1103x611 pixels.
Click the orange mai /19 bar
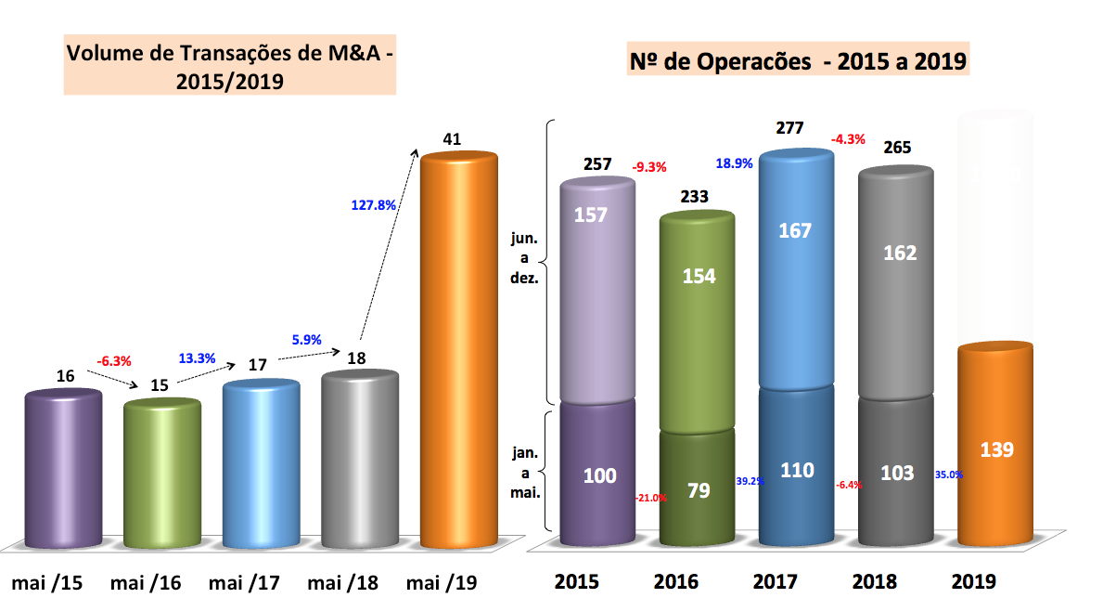(x=460, y=353)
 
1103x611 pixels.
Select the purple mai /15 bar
(x=63, y=469)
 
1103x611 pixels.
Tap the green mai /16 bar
(x=161, y=474)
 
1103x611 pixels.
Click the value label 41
(x=453, y=139)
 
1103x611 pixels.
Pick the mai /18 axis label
(x=342, y=583)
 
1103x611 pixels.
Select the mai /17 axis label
(x=244, y=583)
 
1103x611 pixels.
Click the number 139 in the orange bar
(x=997, y=449)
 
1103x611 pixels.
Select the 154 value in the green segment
(x=699, y=276)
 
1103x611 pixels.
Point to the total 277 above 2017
(x=790, y=128)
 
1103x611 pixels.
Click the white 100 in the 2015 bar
(x=600, y=475)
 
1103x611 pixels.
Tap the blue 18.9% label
(x=735, y=164)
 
